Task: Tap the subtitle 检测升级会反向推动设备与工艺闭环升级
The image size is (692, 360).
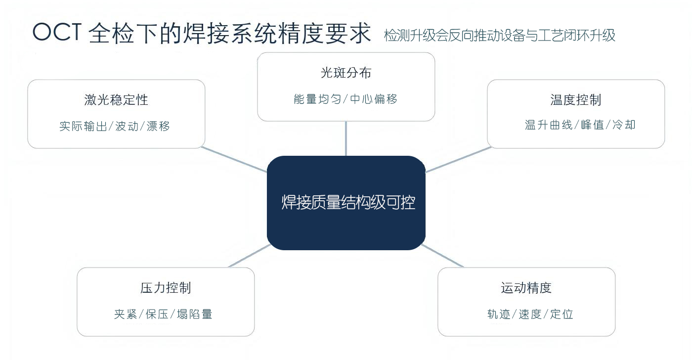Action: point(499,35)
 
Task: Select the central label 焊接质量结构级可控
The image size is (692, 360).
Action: point(348,202)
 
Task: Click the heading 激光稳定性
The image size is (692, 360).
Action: point(116,99)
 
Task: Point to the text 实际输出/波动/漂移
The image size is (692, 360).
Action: point(115,126)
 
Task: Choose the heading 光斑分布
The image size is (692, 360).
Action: point(346,73)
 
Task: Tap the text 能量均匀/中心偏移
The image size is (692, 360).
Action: point(346,99)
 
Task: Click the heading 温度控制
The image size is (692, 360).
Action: point(575,99)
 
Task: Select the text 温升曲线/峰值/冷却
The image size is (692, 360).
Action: point(580,125)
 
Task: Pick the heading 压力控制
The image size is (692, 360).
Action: point(166,288)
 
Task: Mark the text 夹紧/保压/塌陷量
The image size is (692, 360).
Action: point(163,315)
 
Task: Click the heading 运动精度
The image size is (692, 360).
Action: point(526,288)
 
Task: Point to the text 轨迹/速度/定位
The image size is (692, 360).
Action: point(530,315)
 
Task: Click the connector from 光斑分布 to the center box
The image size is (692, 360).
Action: point(346,138)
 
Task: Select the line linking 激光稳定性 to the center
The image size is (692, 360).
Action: point(234,159)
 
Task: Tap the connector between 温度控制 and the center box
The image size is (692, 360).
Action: point(458,159)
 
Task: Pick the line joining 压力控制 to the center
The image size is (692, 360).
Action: point(250,256)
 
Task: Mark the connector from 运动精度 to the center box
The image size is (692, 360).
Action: point(442,256)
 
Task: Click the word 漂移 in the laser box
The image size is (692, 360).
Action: point(158,126)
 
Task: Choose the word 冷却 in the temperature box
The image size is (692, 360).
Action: point(624,125)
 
